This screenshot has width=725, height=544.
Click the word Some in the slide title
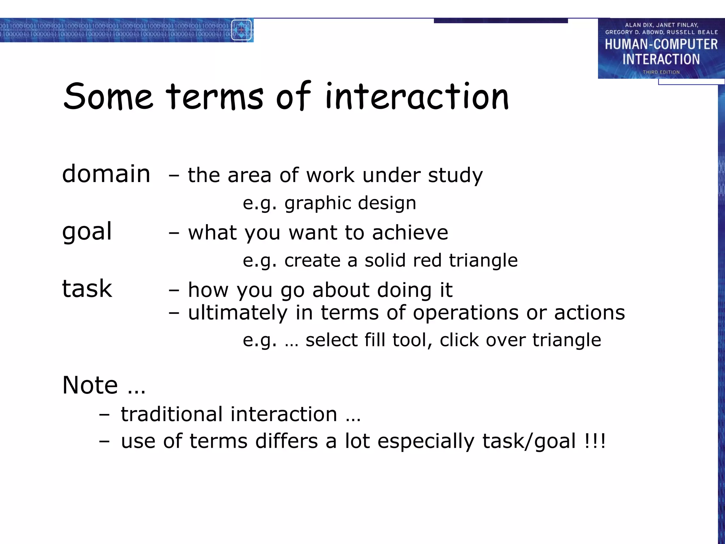pos(108,96)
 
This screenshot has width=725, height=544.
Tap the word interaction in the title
pos(417,96)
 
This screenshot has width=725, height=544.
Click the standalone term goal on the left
pos(87,232)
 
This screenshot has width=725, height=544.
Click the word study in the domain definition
pos(455,175)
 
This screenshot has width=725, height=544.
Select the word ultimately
pos(238,313)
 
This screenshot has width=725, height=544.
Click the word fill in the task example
pos(375,340)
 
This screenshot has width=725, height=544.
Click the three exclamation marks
pos(595,441)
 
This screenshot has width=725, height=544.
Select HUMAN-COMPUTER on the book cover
pos(661,45)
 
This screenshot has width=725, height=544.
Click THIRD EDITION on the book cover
pos(661,72)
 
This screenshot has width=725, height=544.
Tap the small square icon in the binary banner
pos(241,30)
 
